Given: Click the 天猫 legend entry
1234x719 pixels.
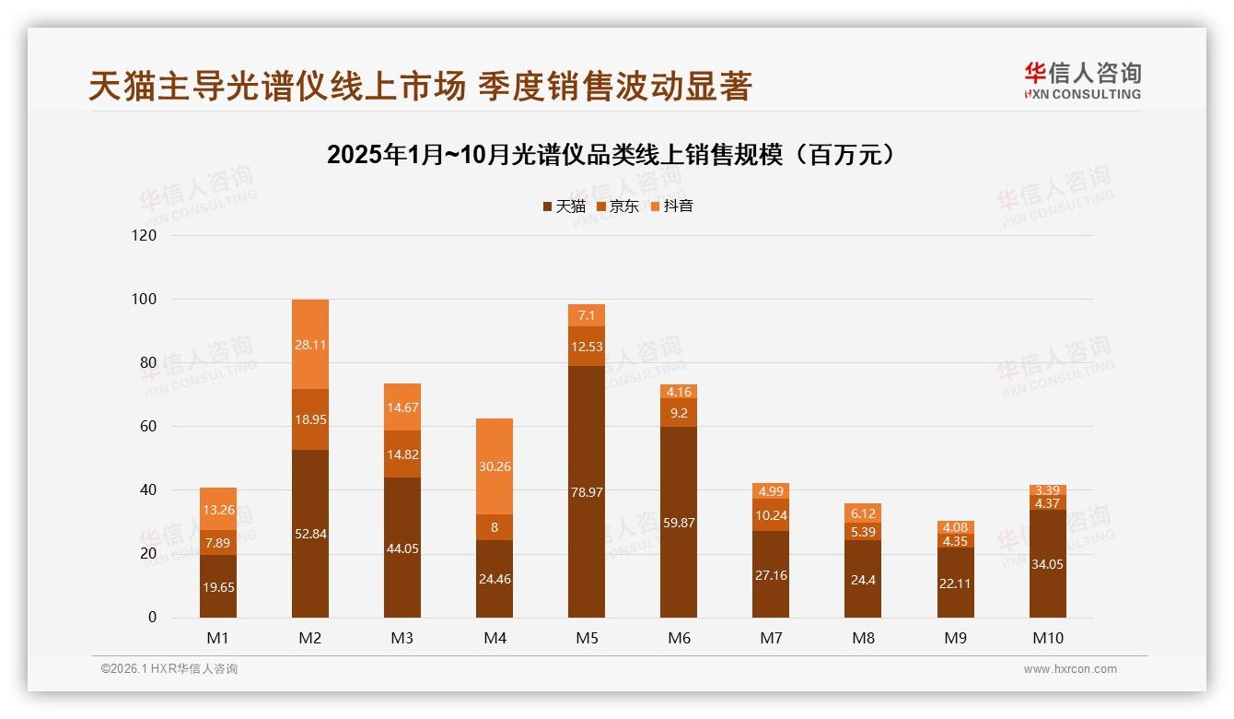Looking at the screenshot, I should click(x=564, y=206).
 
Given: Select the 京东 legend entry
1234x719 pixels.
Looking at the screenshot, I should click(x=618, y=206).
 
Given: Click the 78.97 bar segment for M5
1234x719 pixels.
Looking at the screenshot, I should click(x=587, y=492).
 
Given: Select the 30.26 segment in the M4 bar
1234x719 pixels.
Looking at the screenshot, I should click(x=495, y=466).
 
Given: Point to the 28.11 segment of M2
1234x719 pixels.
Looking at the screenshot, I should click(x=310, y=345).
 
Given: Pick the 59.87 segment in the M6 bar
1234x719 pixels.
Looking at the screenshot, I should click(x=679, y=522).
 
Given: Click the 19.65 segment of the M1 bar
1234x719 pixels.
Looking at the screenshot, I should click(x=218, y=585).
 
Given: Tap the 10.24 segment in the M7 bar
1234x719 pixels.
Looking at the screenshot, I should click(x=771, y=515).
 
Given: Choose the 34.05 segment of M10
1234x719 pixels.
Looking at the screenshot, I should click(x=1047, y=563).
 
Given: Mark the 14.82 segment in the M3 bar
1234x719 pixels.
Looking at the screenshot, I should click(x=402, y=454).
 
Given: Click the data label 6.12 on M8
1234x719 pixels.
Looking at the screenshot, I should click(x=863, y=513).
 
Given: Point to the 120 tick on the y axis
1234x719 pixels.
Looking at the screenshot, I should click(x=146, y=235).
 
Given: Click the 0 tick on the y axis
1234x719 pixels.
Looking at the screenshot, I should click(x=153, y=618).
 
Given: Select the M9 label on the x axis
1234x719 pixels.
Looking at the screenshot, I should click(x=955, y=638).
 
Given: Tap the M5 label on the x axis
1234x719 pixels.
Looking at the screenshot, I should click(x=587, y=638).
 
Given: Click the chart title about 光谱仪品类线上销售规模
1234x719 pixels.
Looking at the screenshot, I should click(x=611, y=155).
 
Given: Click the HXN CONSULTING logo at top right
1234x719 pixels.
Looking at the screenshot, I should click(x=1082, y=81).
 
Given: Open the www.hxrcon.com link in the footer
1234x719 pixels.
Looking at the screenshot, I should click(x=1070, y=669).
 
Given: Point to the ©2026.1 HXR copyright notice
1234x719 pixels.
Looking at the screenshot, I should click(x=169, y=669).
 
